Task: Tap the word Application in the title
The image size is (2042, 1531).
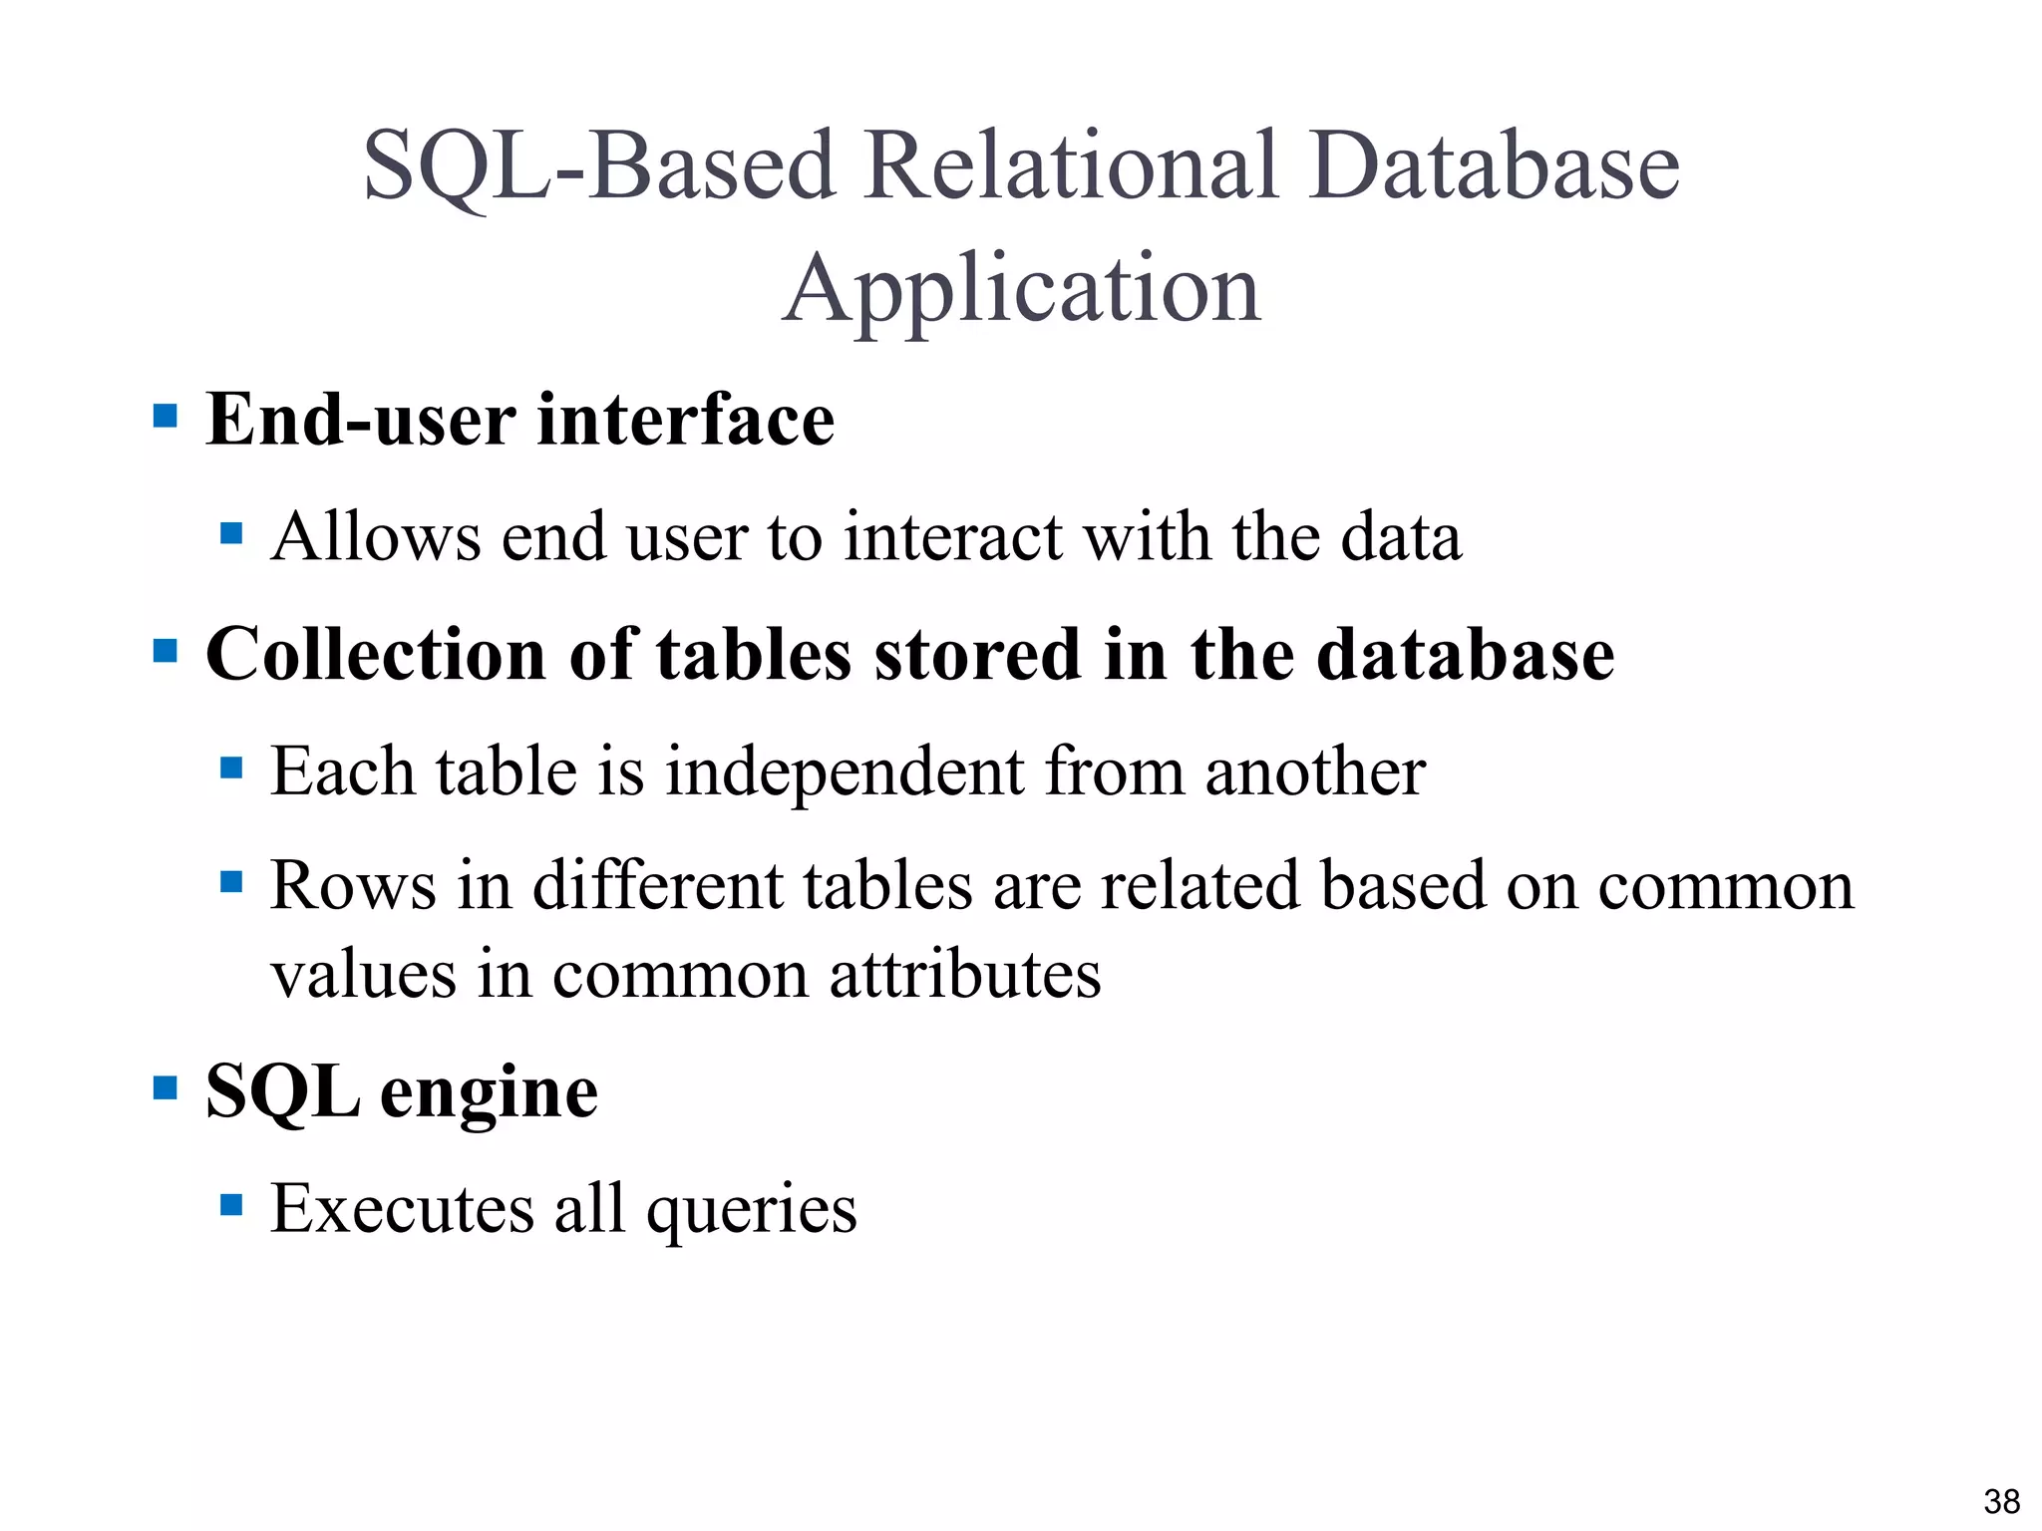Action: pos(1022,289)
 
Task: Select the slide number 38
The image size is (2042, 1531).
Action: pos(2001,1501)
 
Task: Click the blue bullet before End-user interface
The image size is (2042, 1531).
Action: pos(166,415)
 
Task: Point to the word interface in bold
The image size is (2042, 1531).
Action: pos(686,420)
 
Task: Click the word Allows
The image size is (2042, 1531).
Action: pos(376,537)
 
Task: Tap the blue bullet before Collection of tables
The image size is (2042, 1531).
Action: pos(166,651)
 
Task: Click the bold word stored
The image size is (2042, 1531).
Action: pos(977,655)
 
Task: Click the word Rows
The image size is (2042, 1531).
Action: pos(353,885)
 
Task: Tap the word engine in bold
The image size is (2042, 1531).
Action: pos(489,1093)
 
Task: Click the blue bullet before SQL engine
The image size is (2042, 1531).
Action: pos(166,1086)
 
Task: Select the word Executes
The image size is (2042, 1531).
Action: pos(403,1209)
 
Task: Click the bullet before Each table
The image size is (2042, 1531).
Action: pos(231,767)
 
